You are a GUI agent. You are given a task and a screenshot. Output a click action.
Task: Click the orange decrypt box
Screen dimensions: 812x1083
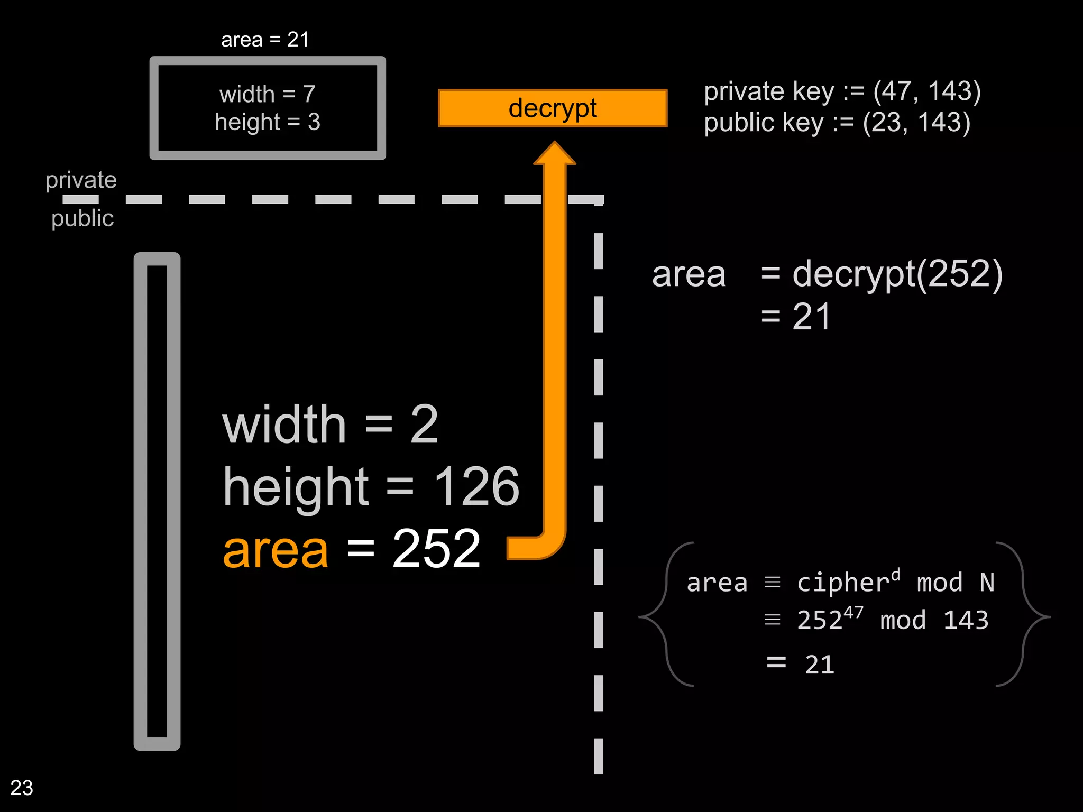click(553, 108)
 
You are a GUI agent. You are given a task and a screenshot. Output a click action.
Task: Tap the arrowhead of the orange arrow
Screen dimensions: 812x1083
click(555, 154)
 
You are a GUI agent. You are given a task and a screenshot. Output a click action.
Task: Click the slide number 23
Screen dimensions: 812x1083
click(22, 788)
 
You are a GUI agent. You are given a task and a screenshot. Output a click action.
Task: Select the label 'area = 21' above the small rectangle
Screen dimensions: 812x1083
click(265, 40)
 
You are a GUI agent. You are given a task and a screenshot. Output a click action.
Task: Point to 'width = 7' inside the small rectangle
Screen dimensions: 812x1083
click(268, 95)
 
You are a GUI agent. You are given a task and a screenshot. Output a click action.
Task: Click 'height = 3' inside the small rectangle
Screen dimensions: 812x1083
click(268, 122)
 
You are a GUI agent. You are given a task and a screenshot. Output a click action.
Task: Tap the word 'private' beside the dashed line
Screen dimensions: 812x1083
click(81, 180)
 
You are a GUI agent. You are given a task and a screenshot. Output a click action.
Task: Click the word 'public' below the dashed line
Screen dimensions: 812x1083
click(82, 218)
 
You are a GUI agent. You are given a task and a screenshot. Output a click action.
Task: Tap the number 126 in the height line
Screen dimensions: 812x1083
click(476, 486)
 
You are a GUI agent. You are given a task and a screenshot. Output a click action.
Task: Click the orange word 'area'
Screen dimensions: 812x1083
click(276, 550)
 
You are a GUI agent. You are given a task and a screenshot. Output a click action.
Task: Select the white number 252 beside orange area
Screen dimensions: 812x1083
click(436, 550)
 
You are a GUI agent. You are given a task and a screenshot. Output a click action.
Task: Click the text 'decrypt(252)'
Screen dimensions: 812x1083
click(897, 275)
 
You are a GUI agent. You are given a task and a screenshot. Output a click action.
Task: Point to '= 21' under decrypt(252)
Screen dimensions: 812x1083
click(796, 317)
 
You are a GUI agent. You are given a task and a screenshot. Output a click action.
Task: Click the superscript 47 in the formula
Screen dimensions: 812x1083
click(853, 613)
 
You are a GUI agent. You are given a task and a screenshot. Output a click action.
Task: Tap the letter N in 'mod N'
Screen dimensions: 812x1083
click(987, 583)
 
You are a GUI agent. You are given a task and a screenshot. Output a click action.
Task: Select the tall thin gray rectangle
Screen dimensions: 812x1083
click(157, 501)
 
